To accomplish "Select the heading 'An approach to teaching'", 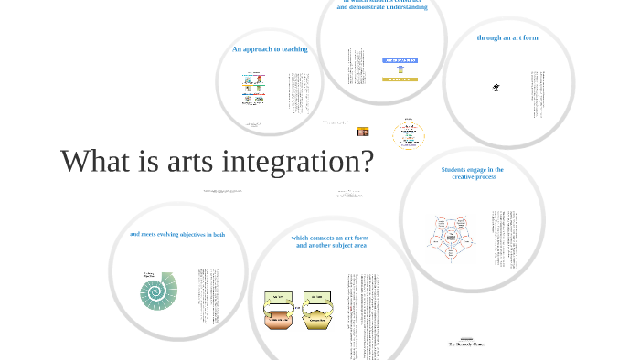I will pos(270,49).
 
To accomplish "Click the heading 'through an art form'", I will pos(507,37).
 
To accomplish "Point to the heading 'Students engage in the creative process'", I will pos(473,173).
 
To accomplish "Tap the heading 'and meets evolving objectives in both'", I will pos(177,235).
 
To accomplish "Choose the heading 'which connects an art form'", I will pos(330,238).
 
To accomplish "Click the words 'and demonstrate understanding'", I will pos(381,7).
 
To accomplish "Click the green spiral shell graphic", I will pos(158,291).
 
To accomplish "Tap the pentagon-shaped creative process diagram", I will pos(451,238).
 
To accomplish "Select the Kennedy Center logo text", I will pos(466,344).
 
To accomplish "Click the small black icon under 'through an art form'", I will pos(496,88).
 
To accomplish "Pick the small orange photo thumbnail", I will pos(363,132).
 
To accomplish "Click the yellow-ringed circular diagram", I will pos(408,135).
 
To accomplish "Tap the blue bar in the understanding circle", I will pos(400,60).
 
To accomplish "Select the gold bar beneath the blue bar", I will pos(400,79).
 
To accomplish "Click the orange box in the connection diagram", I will pos(280,319).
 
